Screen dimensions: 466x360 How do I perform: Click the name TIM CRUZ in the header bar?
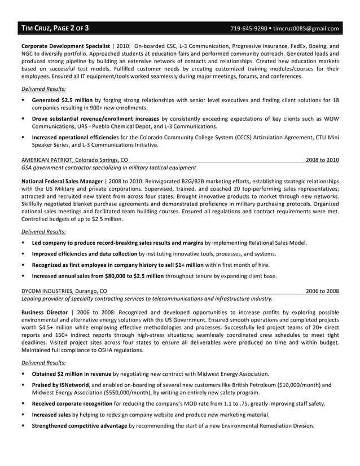coord(35,28)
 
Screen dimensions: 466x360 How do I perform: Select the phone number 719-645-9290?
coord(248,28)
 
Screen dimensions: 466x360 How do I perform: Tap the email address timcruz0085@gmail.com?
coord(306,28)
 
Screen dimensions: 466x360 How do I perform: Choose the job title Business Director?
coord(44,312)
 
